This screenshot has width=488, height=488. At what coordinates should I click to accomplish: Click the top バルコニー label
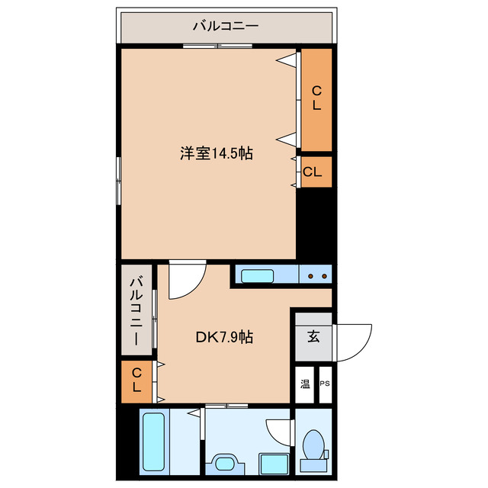(x=225, y=26)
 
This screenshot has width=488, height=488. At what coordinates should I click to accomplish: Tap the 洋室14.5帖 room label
(x=217, y=153)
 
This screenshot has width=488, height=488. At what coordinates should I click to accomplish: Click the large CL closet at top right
(x=316, y=99)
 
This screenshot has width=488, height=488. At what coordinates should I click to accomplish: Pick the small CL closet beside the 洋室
(x=313, y=172)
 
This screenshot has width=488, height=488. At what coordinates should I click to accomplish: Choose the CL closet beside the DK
(x=136, y=380)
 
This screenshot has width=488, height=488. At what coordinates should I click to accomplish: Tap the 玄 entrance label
(x=313, y=335)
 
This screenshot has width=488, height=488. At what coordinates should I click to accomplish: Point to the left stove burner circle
(x=310, y=275)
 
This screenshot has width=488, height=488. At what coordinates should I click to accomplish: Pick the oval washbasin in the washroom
(x=226, y=464)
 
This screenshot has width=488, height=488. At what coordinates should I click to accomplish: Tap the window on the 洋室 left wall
(x=118, y=180)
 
